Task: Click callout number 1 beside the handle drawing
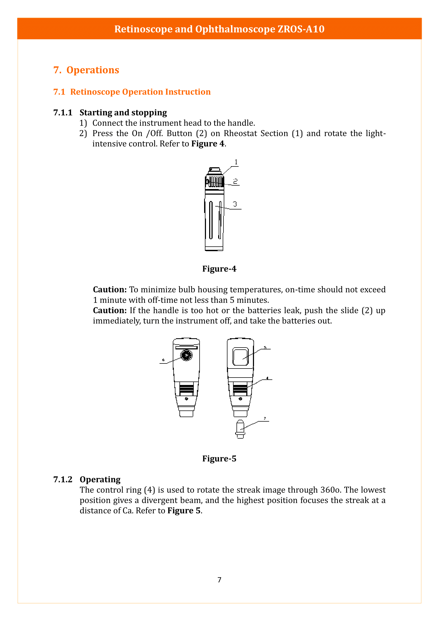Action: (x=236, y=162)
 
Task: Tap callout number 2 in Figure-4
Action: (x=235, y=181)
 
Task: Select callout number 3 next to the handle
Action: (x=235, y=204)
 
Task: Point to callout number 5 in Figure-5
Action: (x=265, y=348)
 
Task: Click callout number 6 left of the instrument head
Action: (x=163, y=360)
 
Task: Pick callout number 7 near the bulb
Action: (x=265, y=418)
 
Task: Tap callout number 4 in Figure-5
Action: (x=267, y=378)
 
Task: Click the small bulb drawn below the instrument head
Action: (x=240, y=429)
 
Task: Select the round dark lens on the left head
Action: (x=187, y=355)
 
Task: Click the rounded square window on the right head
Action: (x=240, y=357)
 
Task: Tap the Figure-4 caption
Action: (x=219, y=269)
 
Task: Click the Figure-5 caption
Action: (x=219, y=459)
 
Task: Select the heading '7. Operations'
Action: (x=86, y=70)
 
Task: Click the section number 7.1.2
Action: (x=63, y=479)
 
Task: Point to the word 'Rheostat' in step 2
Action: (x=240, y=133)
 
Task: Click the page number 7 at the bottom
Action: (x=219, y=580)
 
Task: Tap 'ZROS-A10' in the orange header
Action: (x=301, y=29)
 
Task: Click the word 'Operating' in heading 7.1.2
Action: (x=100, y=479)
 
